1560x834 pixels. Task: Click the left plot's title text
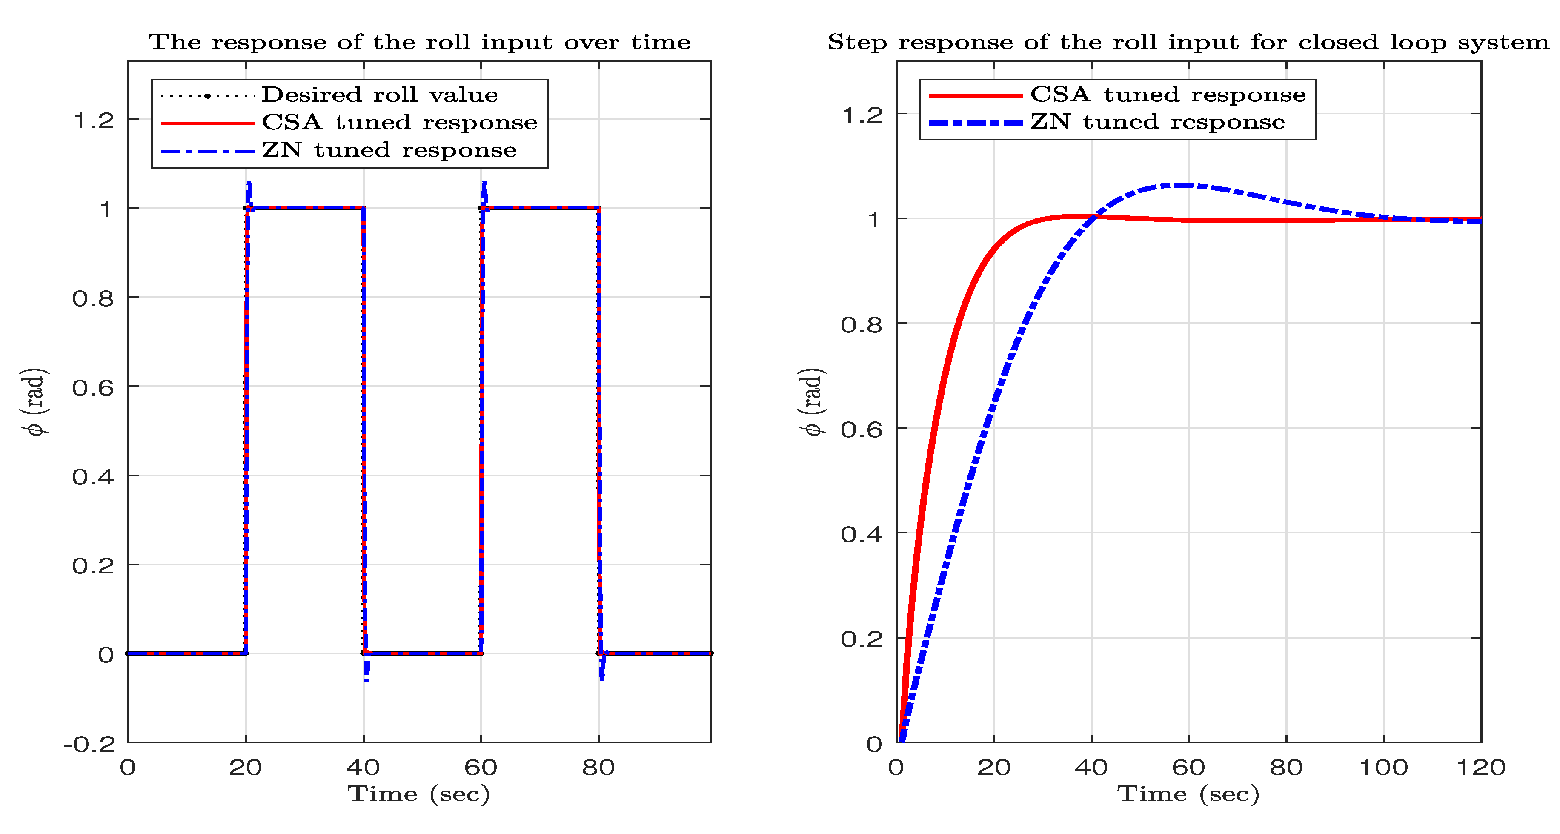(x=419, y=43)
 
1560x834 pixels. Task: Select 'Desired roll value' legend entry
(x=379, y=95)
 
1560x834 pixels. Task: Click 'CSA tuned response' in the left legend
(x=399, y=123)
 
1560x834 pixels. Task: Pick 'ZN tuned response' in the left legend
(x=389, y=150)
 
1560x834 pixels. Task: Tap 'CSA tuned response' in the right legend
(x=1168, y=95)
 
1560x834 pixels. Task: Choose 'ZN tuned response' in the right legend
(x=1157, y=122)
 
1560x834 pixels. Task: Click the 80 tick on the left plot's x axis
(x=598, y=768)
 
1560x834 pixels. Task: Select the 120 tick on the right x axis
(x=1480, y=768)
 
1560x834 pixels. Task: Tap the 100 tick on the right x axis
(x=1383, y=768)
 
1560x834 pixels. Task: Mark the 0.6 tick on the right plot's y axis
(x=861, y=430)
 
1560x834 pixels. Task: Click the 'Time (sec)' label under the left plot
(x=418, y=794)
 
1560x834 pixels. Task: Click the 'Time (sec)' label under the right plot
(x=1188, y=794)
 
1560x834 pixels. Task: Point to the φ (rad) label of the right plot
(x=811, y=401)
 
